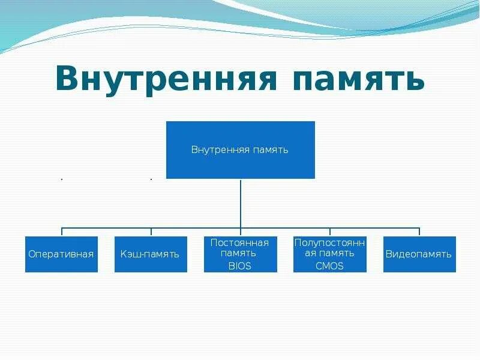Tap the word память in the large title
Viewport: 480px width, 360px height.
point(359,80)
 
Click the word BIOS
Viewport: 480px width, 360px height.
point(240,266)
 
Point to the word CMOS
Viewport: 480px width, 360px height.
point(329,266)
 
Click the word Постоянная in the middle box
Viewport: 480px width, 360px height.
point(240,242)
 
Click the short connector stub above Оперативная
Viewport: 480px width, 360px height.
point(62,232)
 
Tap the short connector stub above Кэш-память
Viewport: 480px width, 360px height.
point(151,232)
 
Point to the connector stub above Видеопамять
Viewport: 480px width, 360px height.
point(419,232)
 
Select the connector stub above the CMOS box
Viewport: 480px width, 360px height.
point(329,232)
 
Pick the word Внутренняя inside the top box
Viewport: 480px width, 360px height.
point(220,149)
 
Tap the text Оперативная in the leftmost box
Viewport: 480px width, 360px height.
point(61,254)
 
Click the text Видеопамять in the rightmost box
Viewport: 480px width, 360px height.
point(419,254)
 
